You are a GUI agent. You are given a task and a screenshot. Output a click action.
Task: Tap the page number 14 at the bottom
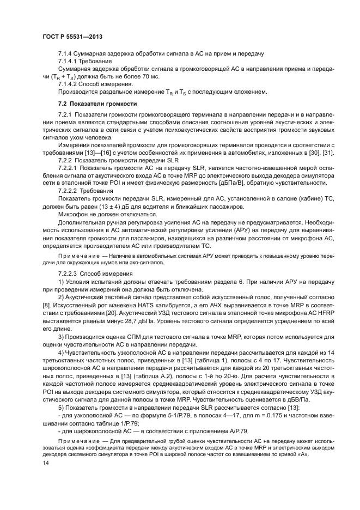[45, 462]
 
